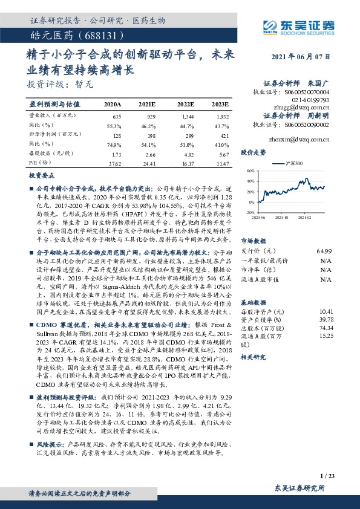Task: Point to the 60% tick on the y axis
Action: (250, 172)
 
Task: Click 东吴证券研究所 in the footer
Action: (299, 488)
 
